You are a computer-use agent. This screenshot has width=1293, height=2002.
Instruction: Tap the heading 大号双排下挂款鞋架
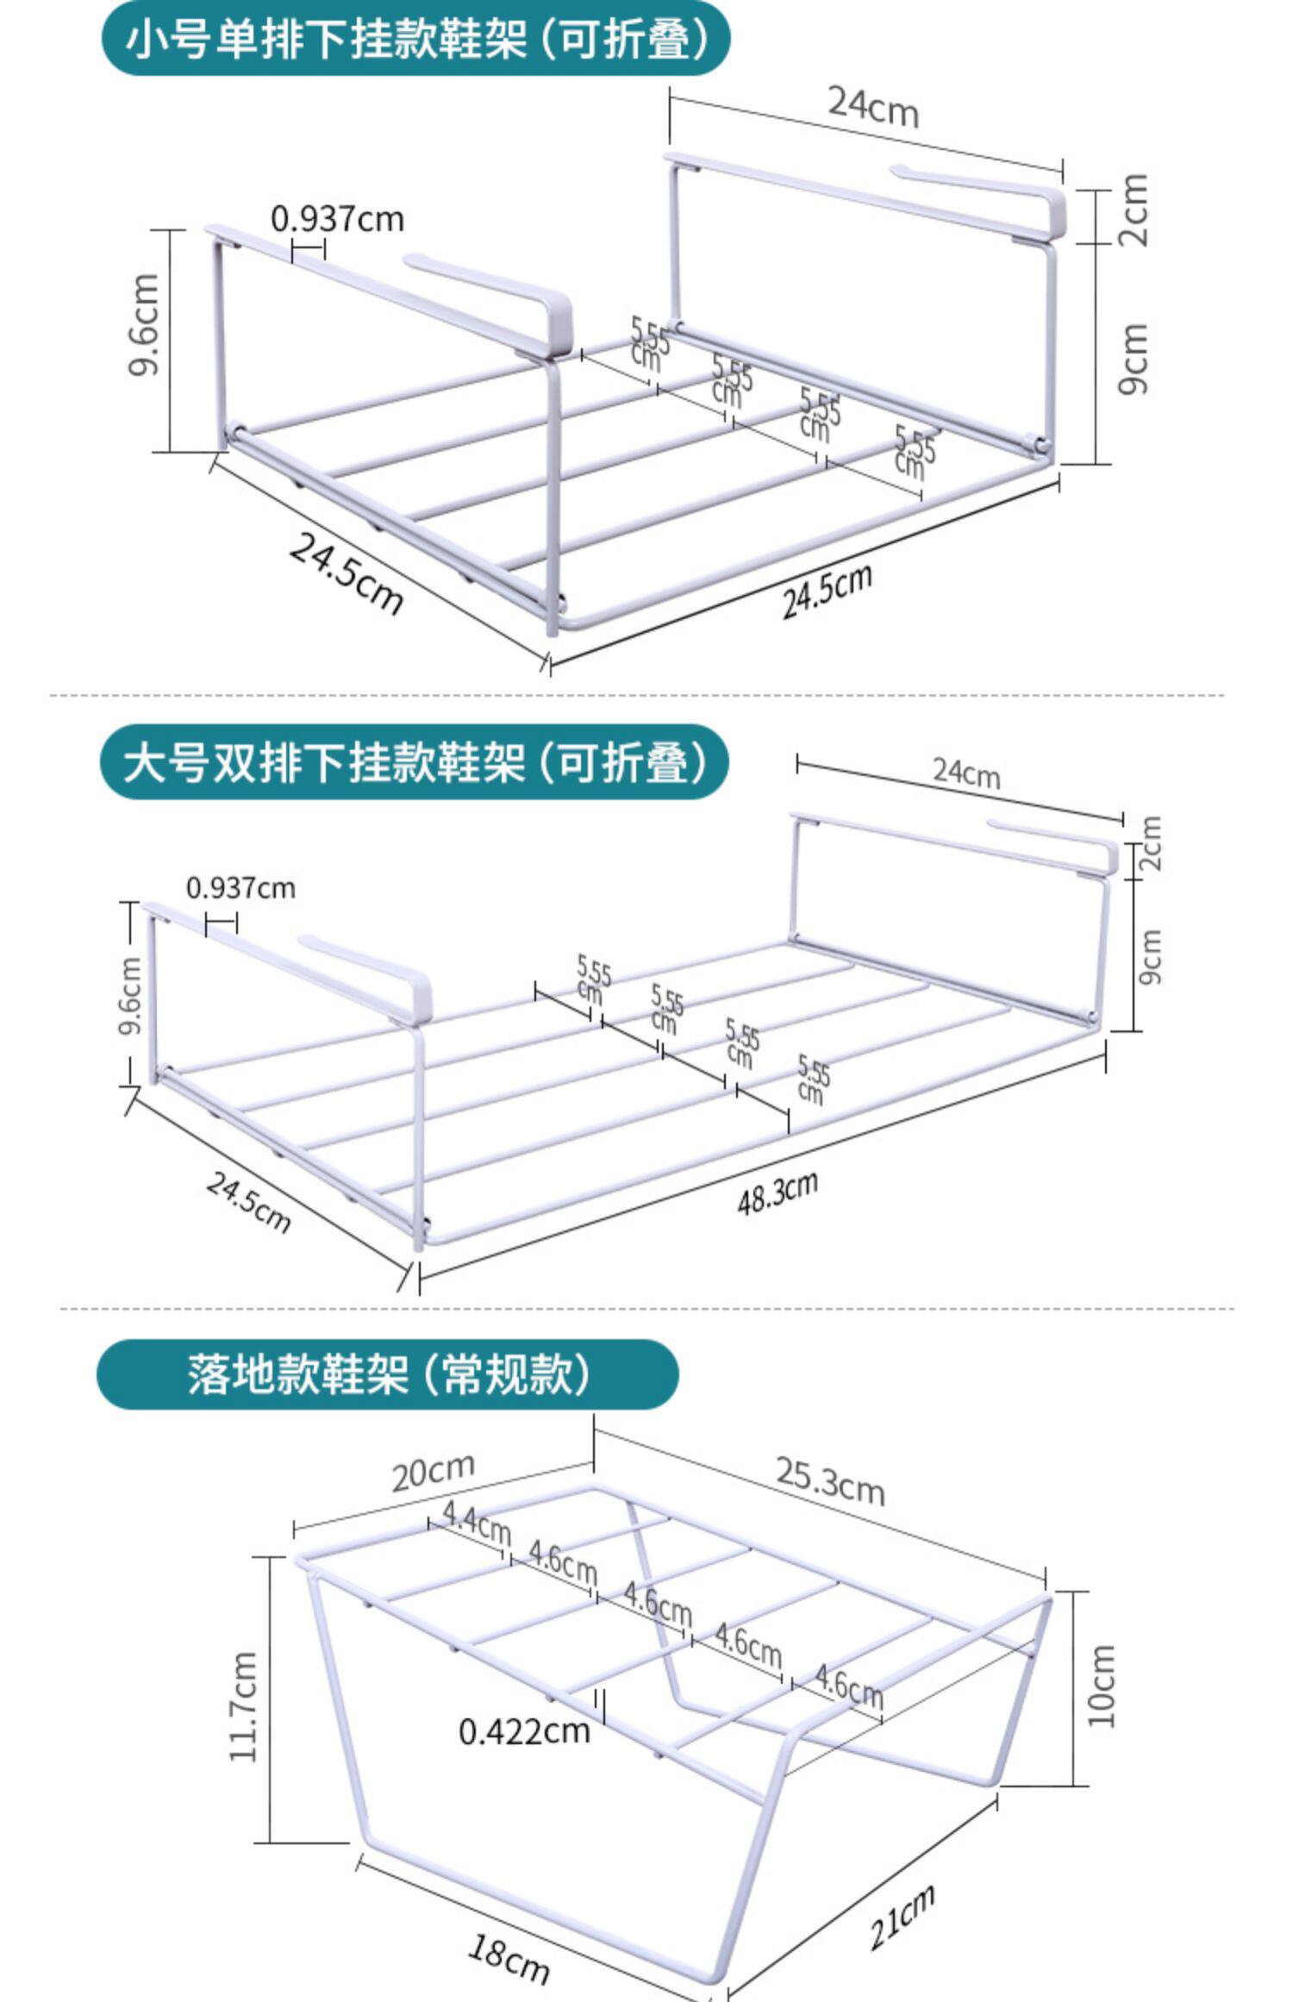(415, 762)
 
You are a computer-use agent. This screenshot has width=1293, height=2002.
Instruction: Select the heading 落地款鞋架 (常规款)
(388, 1373)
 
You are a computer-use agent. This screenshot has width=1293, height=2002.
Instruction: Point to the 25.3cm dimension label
(830, 1480)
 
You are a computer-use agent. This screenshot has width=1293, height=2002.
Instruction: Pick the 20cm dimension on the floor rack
(433, 1471)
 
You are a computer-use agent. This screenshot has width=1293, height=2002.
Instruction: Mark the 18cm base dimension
(508, 1952)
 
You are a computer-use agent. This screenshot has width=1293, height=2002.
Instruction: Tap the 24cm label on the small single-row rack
(873, 107)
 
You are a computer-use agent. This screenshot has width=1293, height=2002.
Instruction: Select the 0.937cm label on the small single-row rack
(337, 219)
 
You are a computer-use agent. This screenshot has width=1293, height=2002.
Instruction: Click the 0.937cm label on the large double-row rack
(240, 887)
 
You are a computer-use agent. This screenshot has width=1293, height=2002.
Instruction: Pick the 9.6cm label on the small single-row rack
(143, 325)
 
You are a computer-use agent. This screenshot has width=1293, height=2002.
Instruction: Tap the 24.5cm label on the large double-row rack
(248, 1202)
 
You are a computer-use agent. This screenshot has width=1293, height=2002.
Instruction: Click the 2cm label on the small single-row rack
(1134, 210)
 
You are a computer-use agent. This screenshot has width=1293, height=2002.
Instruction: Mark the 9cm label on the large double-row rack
(1150, 956)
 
